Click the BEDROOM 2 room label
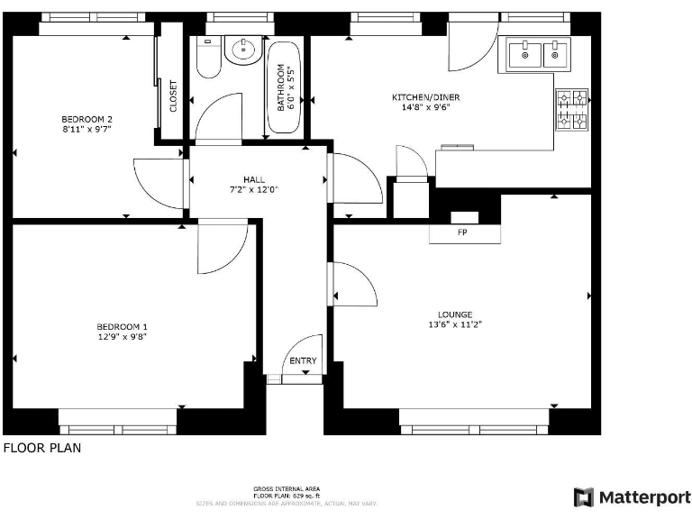(x=86, y=119)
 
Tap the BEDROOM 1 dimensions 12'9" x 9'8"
(x=122, y=336)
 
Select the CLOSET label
(x=173, y=96)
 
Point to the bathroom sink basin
(x=241, y=50)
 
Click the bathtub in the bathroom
(x=283, y=88)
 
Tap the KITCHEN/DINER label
(x=419, y=97)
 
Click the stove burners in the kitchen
(x=571, y=109)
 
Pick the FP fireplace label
(x=464, y=233)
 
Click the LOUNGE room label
(x=455, y=314)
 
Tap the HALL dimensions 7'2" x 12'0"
(x=253, y=189)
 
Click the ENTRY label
(x=303, y=361)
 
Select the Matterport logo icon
(x=584, y=496)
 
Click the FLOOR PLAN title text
(x=41, y=447)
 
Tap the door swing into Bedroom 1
(x=220, y=248)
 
